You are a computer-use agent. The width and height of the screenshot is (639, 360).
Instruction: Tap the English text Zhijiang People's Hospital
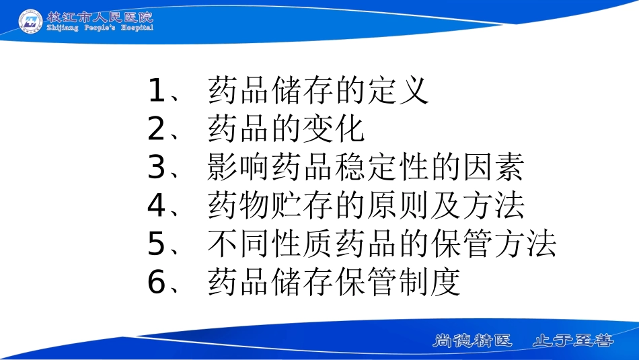(100, 28)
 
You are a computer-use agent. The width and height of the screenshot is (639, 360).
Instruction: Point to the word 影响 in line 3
(239, 168)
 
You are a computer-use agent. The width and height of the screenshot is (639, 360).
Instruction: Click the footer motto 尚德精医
(472, 340)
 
